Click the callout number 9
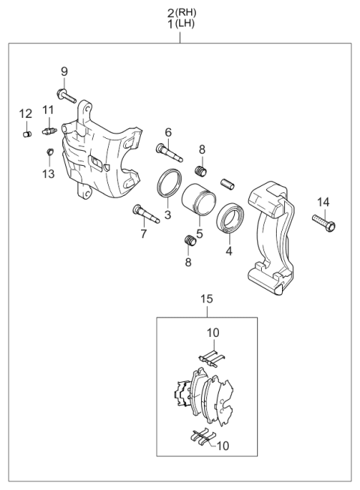coord(64,71)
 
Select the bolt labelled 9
coord(67,95)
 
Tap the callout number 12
coord(25,113)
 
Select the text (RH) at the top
coord(189,11)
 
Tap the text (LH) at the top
coord(188,25)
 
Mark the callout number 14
coord(322,202)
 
